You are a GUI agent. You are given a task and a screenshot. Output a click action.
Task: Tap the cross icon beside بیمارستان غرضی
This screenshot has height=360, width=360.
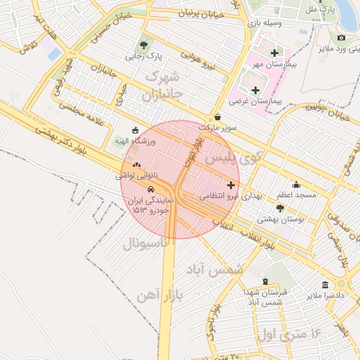(255, 90)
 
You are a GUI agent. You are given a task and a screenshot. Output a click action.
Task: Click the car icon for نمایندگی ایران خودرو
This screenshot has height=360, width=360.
(150, 189)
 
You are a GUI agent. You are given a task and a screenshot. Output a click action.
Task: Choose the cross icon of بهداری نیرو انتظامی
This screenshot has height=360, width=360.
(232, 184)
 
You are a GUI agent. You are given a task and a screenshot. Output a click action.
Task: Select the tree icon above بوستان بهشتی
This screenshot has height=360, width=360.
(281, 208)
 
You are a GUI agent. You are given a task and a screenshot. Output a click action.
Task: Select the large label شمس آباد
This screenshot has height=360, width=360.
(215, 269)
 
